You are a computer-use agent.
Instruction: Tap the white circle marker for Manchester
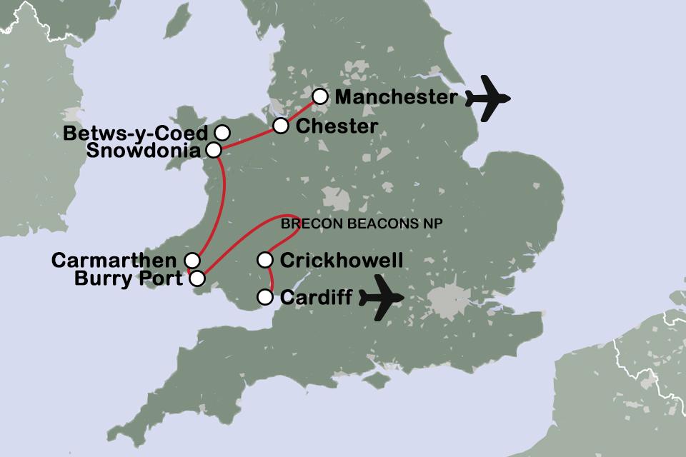pos(320,96)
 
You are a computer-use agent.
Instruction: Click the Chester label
pos(336,126)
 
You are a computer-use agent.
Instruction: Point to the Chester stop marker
pos(281,126)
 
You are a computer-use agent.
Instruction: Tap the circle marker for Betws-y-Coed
pos(222,132)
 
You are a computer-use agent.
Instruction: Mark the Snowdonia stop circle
pos(214,150)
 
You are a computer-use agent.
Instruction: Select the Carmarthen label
pos(114,260)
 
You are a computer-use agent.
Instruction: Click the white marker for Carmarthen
pos(192,260)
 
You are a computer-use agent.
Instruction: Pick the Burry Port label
pos(128,278)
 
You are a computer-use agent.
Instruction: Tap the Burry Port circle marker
pos(199,278)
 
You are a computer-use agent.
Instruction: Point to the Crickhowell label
pos(342,260)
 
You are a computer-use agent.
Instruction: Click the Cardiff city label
pos(316,297)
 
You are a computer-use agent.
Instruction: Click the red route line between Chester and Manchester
pos(301,111)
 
